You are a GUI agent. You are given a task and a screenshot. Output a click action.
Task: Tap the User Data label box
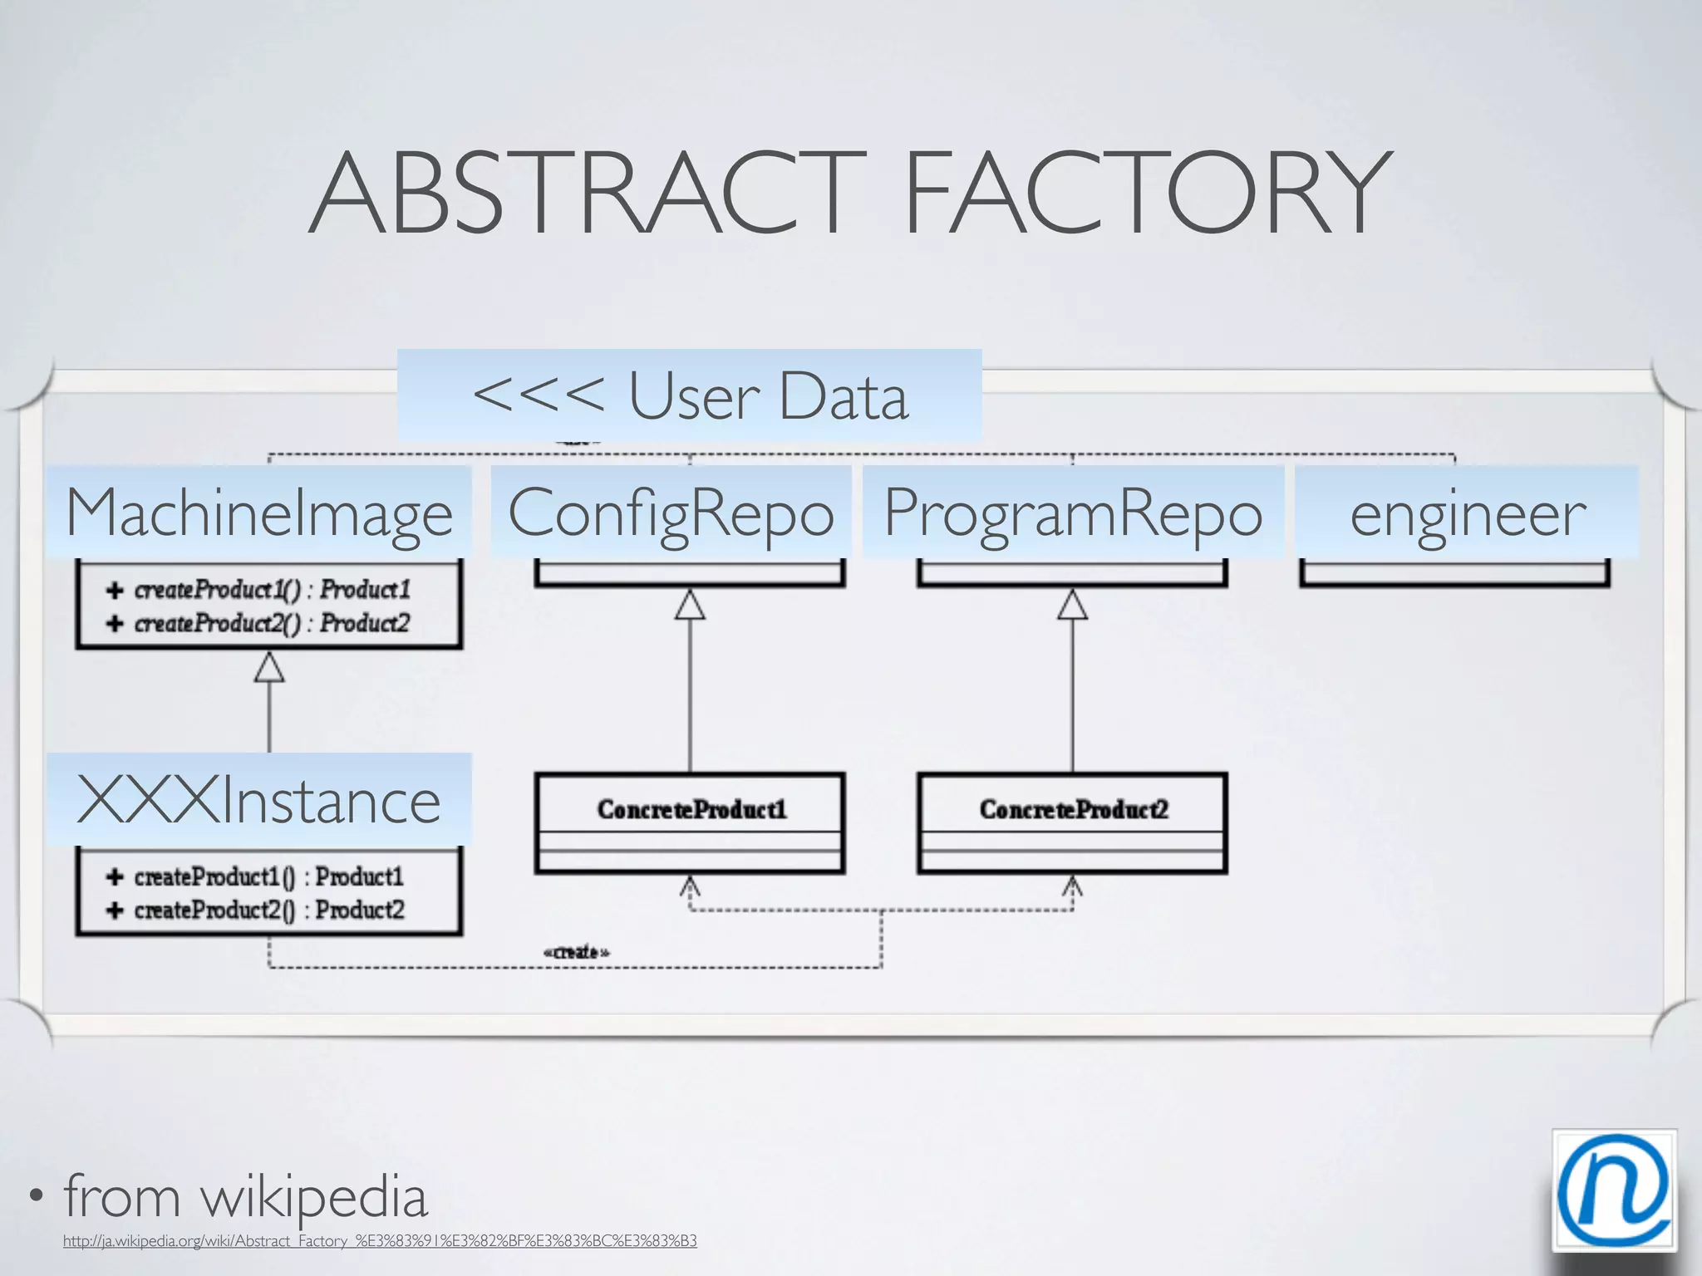[690, 395]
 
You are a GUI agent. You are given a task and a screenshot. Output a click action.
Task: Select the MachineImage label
[259, 512]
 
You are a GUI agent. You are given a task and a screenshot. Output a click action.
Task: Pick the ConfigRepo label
[671, 512]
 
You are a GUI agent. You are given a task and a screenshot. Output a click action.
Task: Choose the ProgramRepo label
[1073, 512]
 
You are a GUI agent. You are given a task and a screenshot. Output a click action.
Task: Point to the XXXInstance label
[259, 799]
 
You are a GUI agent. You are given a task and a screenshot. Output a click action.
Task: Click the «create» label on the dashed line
[576, 952]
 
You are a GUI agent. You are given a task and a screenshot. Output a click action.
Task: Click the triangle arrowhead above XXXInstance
[268, 667]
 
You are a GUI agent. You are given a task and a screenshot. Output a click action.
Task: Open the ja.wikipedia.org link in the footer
[380, 1241]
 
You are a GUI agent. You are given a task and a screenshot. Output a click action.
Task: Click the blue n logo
[1613, 1190]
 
